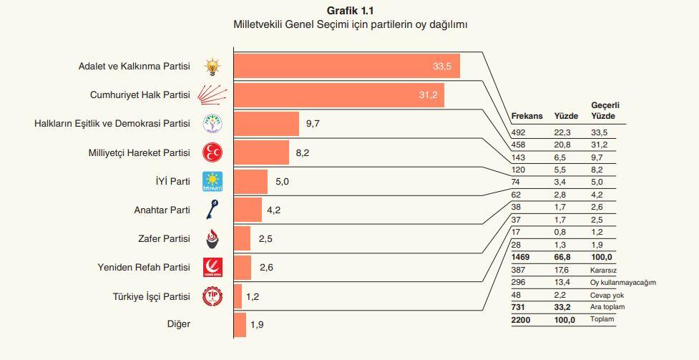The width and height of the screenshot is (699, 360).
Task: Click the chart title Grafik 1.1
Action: [349, 10]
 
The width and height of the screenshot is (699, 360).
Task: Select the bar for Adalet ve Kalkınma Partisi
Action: [346, 66]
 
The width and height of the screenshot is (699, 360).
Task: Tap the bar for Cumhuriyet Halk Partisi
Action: [339, 94]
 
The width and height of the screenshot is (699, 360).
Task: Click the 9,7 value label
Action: [312, 123]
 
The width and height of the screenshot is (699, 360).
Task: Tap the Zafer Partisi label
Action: [164, 239]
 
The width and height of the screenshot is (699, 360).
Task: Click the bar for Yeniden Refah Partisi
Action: [243, 268]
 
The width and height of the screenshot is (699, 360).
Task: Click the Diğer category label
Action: [177, 325]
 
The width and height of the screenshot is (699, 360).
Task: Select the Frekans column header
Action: [528, 116]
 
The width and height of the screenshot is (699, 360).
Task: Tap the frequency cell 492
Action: [519, 132]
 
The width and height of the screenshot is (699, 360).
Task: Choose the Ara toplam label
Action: [607, 307]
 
